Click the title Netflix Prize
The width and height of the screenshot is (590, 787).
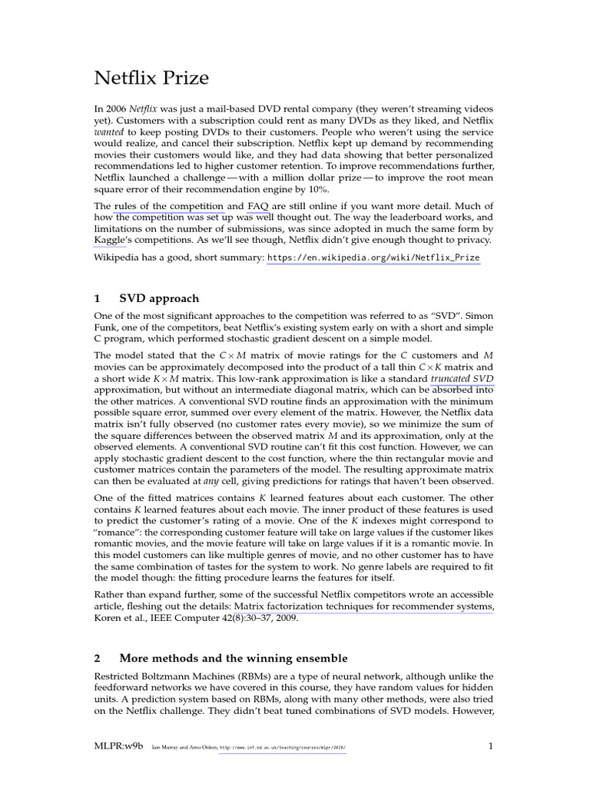(151, 78)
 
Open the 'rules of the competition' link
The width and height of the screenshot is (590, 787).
(169, 206)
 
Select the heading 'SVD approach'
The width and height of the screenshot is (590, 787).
(159, 298)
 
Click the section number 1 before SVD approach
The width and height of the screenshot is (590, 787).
(98, 298)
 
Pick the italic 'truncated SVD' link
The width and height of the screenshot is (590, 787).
(462, 379)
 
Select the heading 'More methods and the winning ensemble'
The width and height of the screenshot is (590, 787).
(234, 658)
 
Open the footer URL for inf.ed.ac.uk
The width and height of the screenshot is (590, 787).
(283, 746)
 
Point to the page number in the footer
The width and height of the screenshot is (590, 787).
(491, 745)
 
